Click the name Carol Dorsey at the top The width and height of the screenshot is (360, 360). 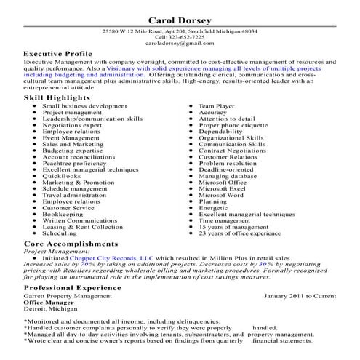tap(180, 20)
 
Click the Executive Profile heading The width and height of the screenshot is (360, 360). tap(58, 55)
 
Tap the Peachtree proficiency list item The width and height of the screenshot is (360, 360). tap(74, 163)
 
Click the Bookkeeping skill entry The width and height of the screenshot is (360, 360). tap(63, 215)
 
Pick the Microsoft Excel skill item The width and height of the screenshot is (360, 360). tap(223, 189)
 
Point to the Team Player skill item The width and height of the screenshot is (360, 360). tap(217, 105)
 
